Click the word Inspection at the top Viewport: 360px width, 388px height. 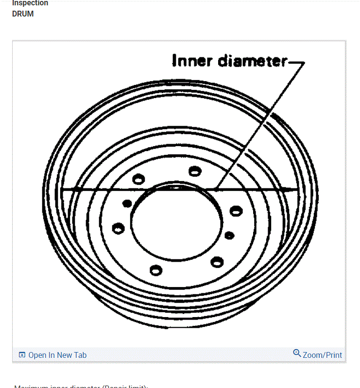click(30, 3)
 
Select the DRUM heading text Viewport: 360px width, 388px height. click(23, 14)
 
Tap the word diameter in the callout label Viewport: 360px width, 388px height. click(252, 61)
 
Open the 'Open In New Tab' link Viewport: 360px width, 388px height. click(57, 355)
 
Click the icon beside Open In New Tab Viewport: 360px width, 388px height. click(21, 355)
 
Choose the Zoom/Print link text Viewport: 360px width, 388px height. click(322, 355)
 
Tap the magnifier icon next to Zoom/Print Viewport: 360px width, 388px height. click(297, 353)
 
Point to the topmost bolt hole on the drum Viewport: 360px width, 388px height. click(195, 170)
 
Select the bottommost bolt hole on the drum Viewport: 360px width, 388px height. click(155, 270)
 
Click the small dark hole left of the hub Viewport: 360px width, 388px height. click(127, 202)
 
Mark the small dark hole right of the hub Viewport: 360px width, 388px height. click(229, 236)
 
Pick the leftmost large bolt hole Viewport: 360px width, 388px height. click(118, 228)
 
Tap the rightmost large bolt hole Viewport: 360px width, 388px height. click(236, 211)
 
